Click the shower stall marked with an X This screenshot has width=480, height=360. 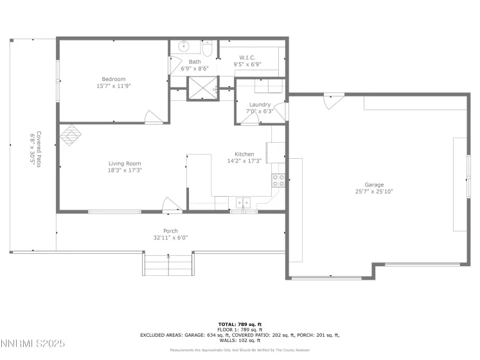click(x=202, y=89)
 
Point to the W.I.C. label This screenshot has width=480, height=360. click(x=248, y=57)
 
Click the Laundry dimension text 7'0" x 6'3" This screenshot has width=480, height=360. click(x=260, y=111)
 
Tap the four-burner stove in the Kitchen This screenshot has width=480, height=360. click(x=278, y=181)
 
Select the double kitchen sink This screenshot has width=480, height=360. click(x=243, y=203)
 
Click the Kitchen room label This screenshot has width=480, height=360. click(x=244, y=154)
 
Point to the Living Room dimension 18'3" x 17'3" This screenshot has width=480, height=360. click(x=124, y=170)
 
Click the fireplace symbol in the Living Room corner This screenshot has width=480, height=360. click(x=71, y=134)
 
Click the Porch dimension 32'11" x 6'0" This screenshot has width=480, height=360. click(x=170, y=237)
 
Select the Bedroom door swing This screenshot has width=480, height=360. click(x=153, y=116)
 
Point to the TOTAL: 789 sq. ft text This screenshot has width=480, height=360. click(x=240, y=324)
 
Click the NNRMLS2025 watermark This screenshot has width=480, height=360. click(x=33, y=344)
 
